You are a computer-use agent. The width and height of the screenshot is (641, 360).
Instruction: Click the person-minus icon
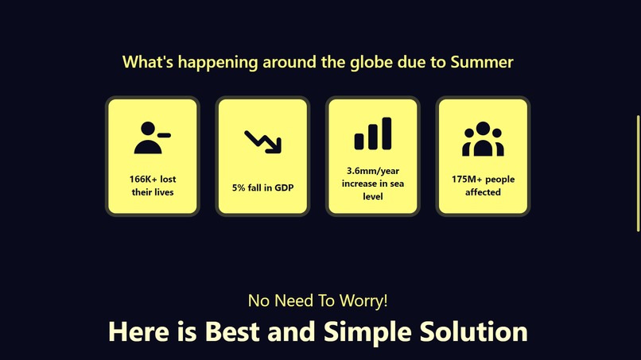pos(152,137)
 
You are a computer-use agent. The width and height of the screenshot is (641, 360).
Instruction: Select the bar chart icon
pos(373,134)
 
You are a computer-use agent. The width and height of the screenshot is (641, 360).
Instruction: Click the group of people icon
pos(483,139)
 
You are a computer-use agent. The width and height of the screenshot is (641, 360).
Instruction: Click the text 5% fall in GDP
pos(262,188)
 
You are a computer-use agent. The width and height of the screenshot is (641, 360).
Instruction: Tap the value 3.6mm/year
pos(373,171)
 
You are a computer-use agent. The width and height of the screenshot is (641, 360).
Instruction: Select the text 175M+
pos(464,180)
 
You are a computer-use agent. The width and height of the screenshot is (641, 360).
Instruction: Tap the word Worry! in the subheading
pos(363,301)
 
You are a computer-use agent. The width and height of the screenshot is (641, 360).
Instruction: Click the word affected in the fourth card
pos(483,192)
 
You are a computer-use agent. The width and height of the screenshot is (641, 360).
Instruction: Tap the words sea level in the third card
pos(373,190)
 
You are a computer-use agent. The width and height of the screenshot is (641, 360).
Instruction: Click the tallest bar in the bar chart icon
pos(387,133)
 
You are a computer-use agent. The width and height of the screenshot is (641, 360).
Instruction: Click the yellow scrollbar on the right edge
pos(638,172)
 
